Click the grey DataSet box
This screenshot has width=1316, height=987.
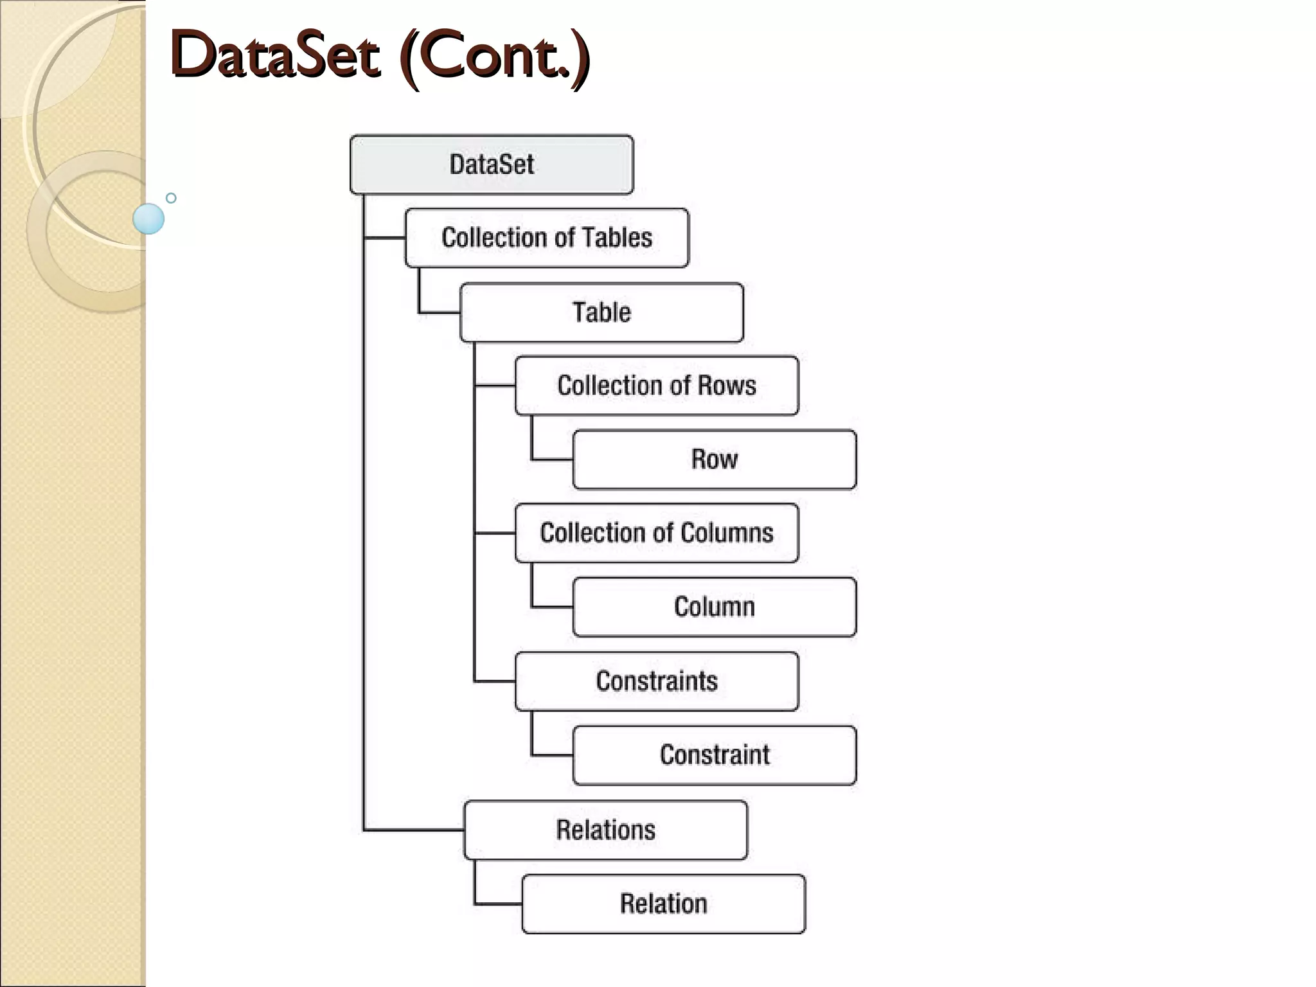point(492,164)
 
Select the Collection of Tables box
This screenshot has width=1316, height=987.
point(546,238)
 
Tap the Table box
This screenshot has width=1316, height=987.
point(601,312)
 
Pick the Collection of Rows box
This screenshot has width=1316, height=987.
point(656,386)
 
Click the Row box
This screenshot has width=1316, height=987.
point(714,459)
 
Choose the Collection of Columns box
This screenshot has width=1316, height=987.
point(656,533)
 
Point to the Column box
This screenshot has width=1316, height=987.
point(714,607)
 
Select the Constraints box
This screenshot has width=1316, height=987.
point(656,681)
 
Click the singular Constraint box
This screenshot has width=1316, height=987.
point(714,755)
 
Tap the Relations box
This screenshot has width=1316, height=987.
point(605,830)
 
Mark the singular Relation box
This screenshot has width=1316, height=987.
point(663,903)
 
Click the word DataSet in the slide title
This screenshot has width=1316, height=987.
point(275,56)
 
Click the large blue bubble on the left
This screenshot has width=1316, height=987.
point(148,218)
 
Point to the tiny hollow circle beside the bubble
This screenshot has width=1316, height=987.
point(171,198)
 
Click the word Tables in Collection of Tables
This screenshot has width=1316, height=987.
point(616,238)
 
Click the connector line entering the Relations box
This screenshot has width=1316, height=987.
point(414,830)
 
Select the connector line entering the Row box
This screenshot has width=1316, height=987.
point(551,459)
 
